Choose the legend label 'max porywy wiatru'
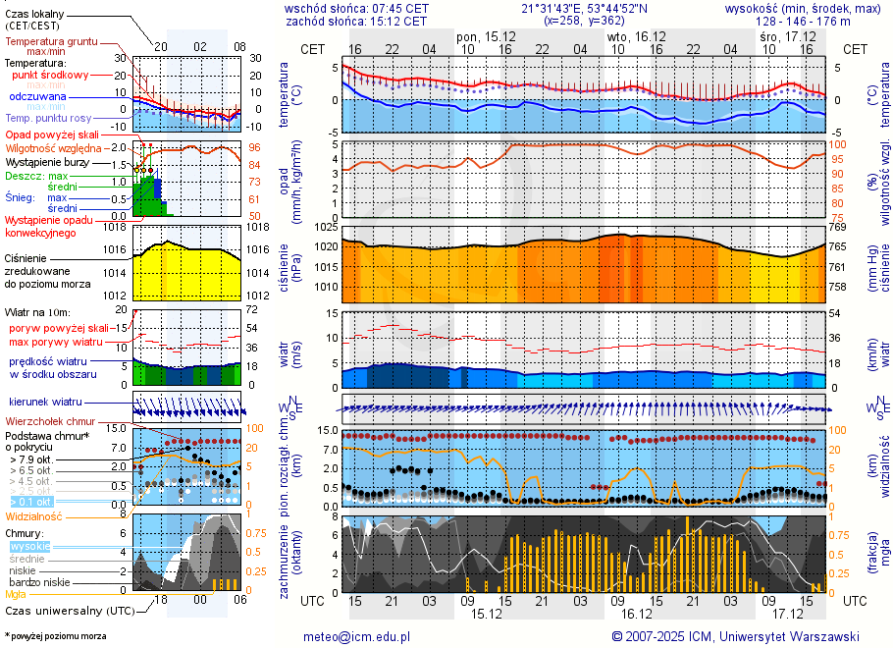point(56,342)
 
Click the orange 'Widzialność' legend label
point(33,515)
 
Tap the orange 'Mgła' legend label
point(16,594)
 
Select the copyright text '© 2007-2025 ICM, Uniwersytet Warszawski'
point(735,636)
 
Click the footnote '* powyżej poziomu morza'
point(55,636)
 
